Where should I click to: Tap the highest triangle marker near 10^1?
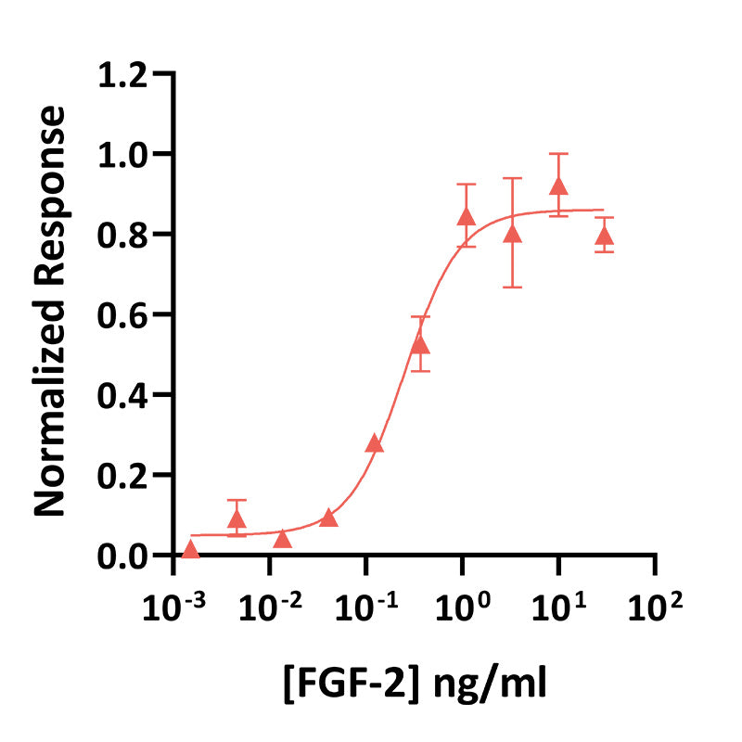click(558, 186)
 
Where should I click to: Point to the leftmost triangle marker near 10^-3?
click(190, 550)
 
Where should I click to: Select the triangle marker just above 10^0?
click(467, 217)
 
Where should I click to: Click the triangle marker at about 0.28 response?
click(375, 443)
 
